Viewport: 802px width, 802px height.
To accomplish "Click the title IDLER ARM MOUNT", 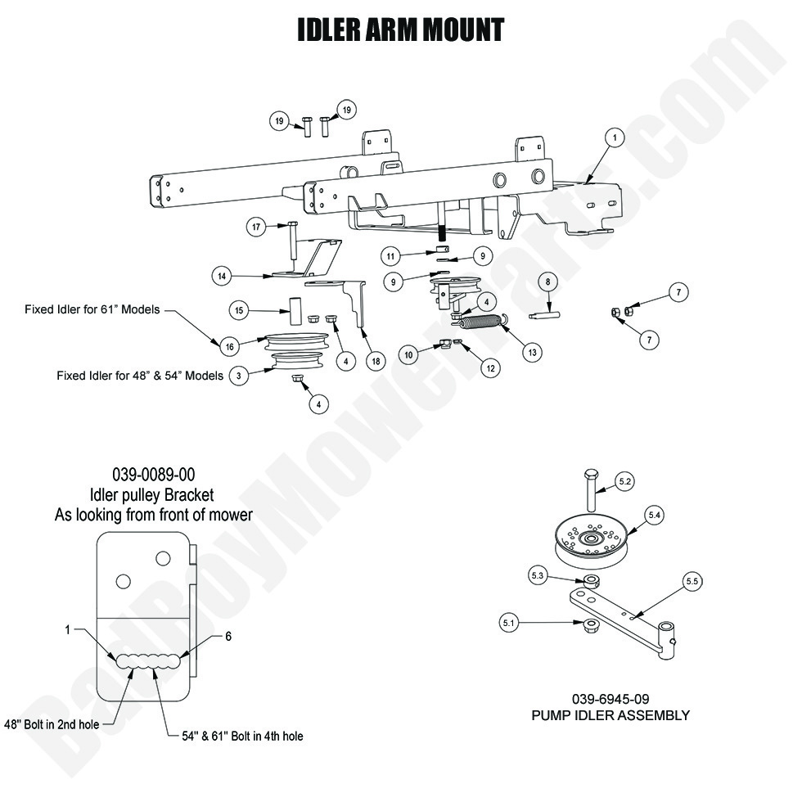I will [x=400, y=31].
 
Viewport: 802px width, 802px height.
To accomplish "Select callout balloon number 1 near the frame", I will [x=614, y=138].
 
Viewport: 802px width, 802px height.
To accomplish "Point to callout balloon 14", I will [x=221, y=276].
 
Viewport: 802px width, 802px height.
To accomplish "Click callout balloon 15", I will [x=239, y=310].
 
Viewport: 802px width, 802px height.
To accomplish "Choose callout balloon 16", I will [x=230, y=346].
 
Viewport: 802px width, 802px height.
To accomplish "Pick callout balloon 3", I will [x=238, y=376].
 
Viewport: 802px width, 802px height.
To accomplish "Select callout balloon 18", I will [x=375, y=361].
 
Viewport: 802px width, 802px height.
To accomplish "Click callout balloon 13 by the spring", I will [x=532, y=353].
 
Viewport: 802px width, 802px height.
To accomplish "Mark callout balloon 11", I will [x=392, y=256].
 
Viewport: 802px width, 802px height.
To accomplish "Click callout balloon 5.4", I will [x=655, y=515].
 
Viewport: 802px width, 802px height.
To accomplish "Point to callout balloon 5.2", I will [x=624, y=483].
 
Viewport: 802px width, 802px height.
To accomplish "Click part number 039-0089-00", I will [x=153, y=475].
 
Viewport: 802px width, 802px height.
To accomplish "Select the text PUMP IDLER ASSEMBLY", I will [x=611, y=715].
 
